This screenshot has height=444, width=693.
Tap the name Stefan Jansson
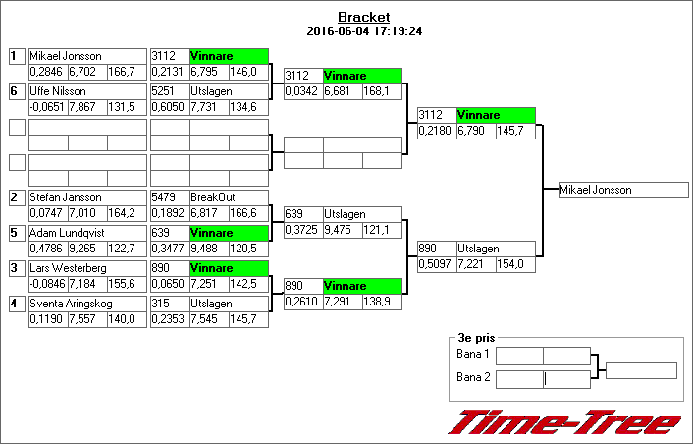point(65,197)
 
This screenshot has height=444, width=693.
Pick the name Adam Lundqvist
point(65,233)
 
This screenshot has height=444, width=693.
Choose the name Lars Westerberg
point(67,268)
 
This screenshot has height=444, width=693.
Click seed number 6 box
point(16,91)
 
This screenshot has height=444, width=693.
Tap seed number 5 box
point(16,233)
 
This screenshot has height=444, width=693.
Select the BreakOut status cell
point(229,197)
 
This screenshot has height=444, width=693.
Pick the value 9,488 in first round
point(208,250)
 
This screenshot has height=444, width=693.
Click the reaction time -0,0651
point(47,108)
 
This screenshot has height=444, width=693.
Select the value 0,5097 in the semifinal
point(436,265)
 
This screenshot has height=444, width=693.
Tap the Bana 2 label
point(473,376)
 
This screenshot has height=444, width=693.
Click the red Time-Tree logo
point(564,422)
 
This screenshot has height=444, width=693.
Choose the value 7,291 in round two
point(342,303)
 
